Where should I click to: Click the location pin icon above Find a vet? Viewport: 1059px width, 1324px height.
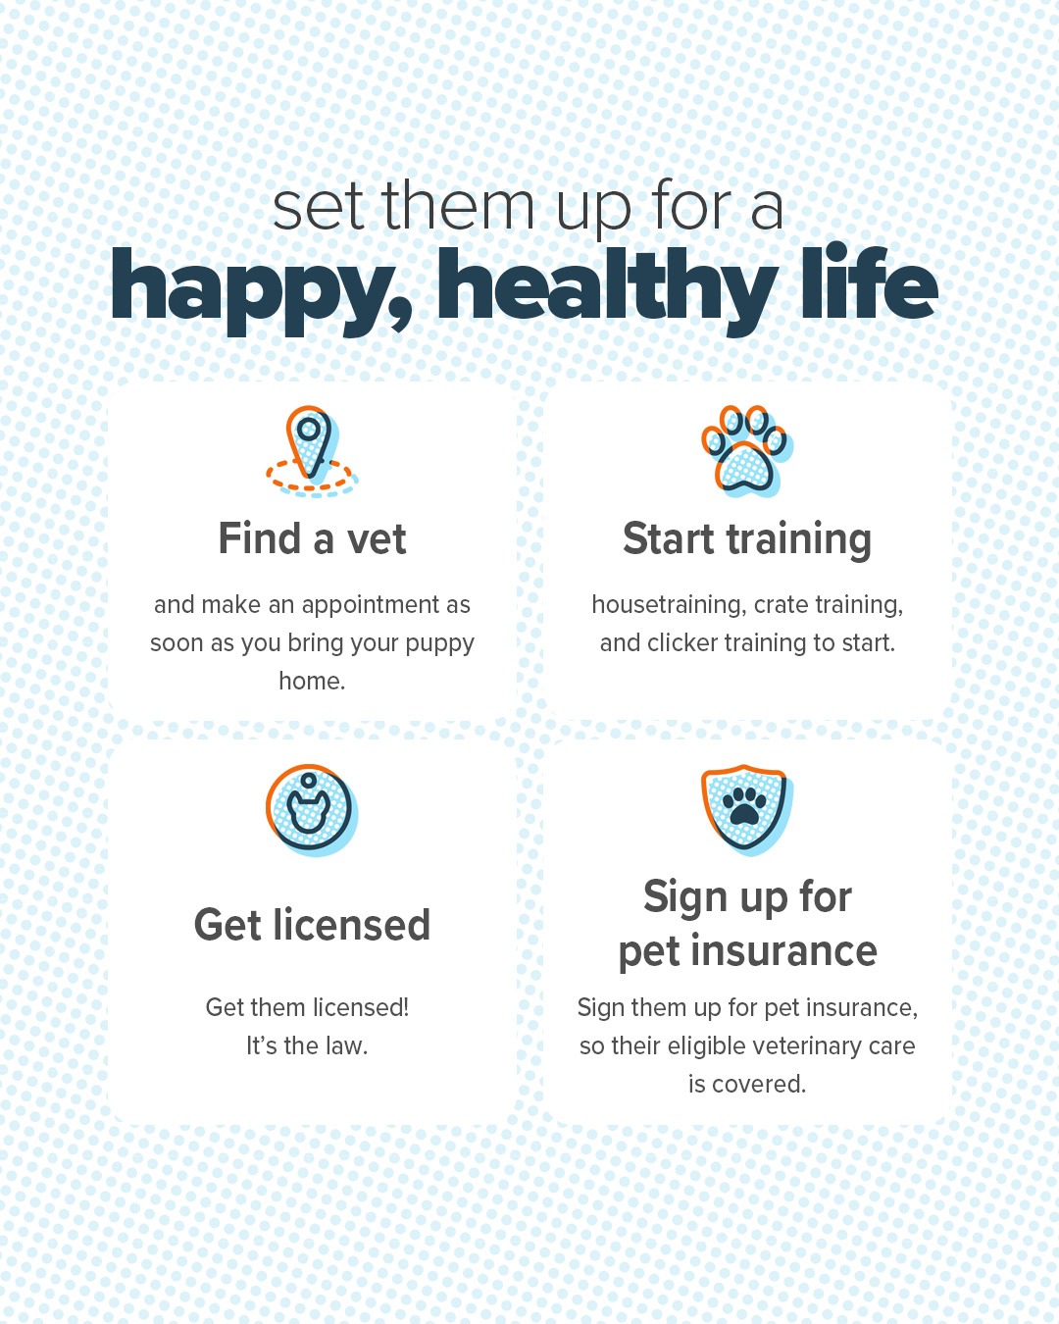(312, 451)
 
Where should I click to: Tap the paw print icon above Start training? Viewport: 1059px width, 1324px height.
(747, 451)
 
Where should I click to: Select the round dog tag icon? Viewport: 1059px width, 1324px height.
(312, 810)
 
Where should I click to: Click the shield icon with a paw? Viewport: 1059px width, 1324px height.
(747, 810)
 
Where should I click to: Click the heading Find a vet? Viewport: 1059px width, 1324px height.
(312, 539)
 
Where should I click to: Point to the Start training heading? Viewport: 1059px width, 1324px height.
(747, 540)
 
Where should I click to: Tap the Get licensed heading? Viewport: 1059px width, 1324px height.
(312, 925)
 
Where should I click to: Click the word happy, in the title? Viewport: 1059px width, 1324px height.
(261, 291)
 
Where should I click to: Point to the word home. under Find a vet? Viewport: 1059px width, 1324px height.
(312, 681)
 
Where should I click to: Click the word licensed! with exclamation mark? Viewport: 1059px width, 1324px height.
(361, 1008)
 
